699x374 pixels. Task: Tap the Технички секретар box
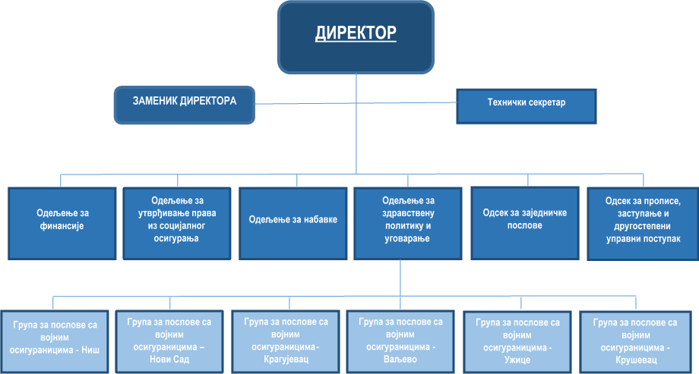tap(527, 106)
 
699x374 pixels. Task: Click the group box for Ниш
tap(55, 339)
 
